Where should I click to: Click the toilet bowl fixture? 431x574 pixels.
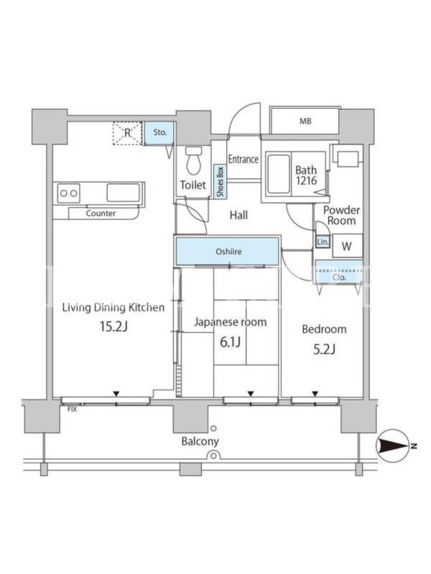194,160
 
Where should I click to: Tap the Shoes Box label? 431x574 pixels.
221,182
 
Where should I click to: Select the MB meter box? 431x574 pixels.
305,121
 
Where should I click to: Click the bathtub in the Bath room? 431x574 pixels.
278,174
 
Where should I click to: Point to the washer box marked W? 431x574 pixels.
348,246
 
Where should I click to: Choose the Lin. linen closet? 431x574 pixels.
323,242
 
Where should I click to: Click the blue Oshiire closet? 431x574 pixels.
227,252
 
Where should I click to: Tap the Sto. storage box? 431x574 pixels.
159,133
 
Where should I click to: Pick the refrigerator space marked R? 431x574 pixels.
127,133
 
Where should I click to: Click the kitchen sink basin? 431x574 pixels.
124,192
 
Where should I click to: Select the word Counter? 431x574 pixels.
101,213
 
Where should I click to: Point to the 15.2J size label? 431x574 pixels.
113,326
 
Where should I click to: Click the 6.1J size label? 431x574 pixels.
230,342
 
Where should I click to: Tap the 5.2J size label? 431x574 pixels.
325,349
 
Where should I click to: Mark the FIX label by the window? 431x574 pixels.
73,409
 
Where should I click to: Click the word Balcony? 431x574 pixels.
200,441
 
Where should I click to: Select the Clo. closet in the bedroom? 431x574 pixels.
339,273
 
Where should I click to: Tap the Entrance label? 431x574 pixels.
244,159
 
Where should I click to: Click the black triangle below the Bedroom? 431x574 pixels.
315,394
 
